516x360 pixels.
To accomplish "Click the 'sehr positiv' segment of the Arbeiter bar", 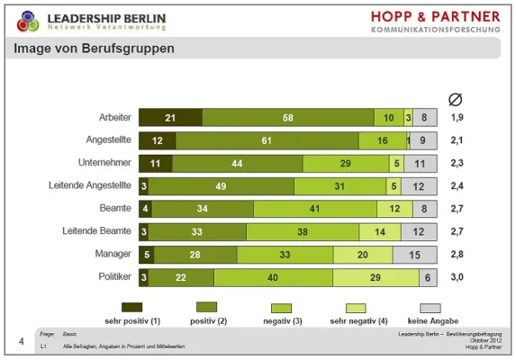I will pos(170,118).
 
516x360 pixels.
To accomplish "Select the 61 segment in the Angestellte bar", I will pos(267,140).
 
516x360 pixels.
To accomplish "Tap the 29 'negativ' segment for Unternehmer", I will pos(346,164).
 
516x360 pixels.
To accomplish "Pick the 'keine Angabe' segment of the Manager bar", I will pos(414,255).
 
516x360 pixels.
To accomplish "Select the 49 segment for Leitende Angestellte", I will pos(222,186).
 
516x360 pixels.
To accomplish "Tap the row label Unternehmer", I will pos(105,164).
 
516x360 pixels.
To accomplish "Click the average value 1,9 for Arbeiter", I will pos(457,118).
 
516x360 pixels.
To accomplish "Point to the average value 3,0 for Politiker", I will pos(457,277).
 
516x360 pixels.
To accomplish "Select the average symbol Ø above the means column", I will pos(456,98).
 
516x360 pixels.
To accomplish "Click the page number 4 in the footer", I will pos(21,340).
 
